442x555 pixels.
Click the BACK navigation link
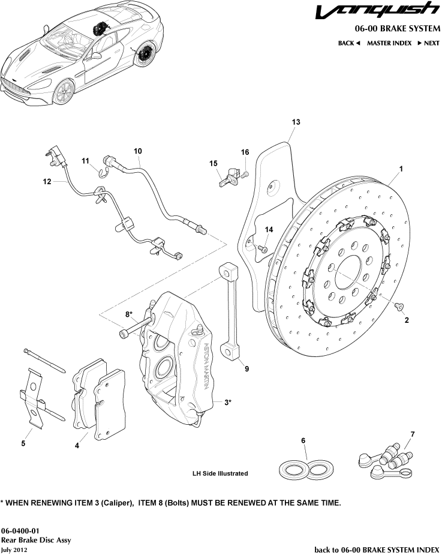(348, 43)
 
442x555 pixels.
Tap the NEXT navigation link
(428, 43)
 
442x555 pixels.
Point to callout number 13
(295, 122)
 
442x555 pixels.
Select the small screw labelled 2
(398, 307)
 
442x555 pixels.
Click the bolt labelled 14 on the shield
(263, 248)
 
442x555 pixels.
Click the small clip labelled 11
(102, 173)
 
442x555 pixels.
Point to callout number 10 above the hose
(138, 151)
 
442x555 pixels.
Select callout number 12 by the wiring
(47, 181)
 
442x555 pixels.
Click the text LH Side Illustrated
(220, 473)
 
